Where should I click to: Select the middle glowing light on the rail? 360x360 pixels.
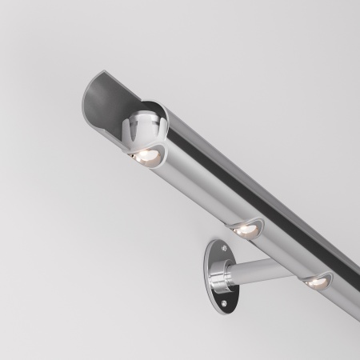click(x=245, y=229)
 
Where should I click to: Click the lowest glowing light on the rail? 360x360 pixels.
click(x=317, y=281)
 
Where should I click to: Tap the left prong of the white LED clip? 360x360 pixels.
click(x=129, y=132)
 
